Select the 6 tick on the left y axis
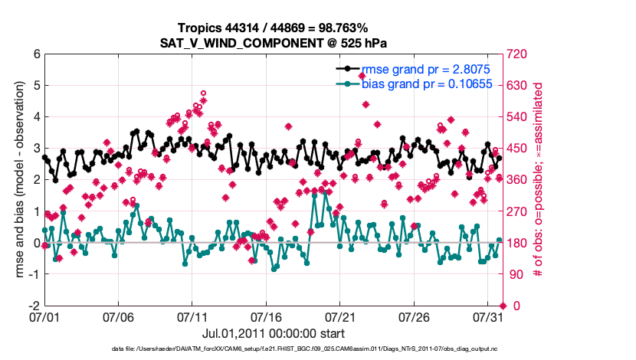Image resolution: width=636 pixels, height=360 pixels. click(36, 54)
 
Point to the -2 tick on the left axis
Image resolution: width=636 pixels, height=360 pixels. click(34, 306)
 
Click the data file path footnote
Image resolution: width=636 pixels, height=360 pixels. click(316, 349)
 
